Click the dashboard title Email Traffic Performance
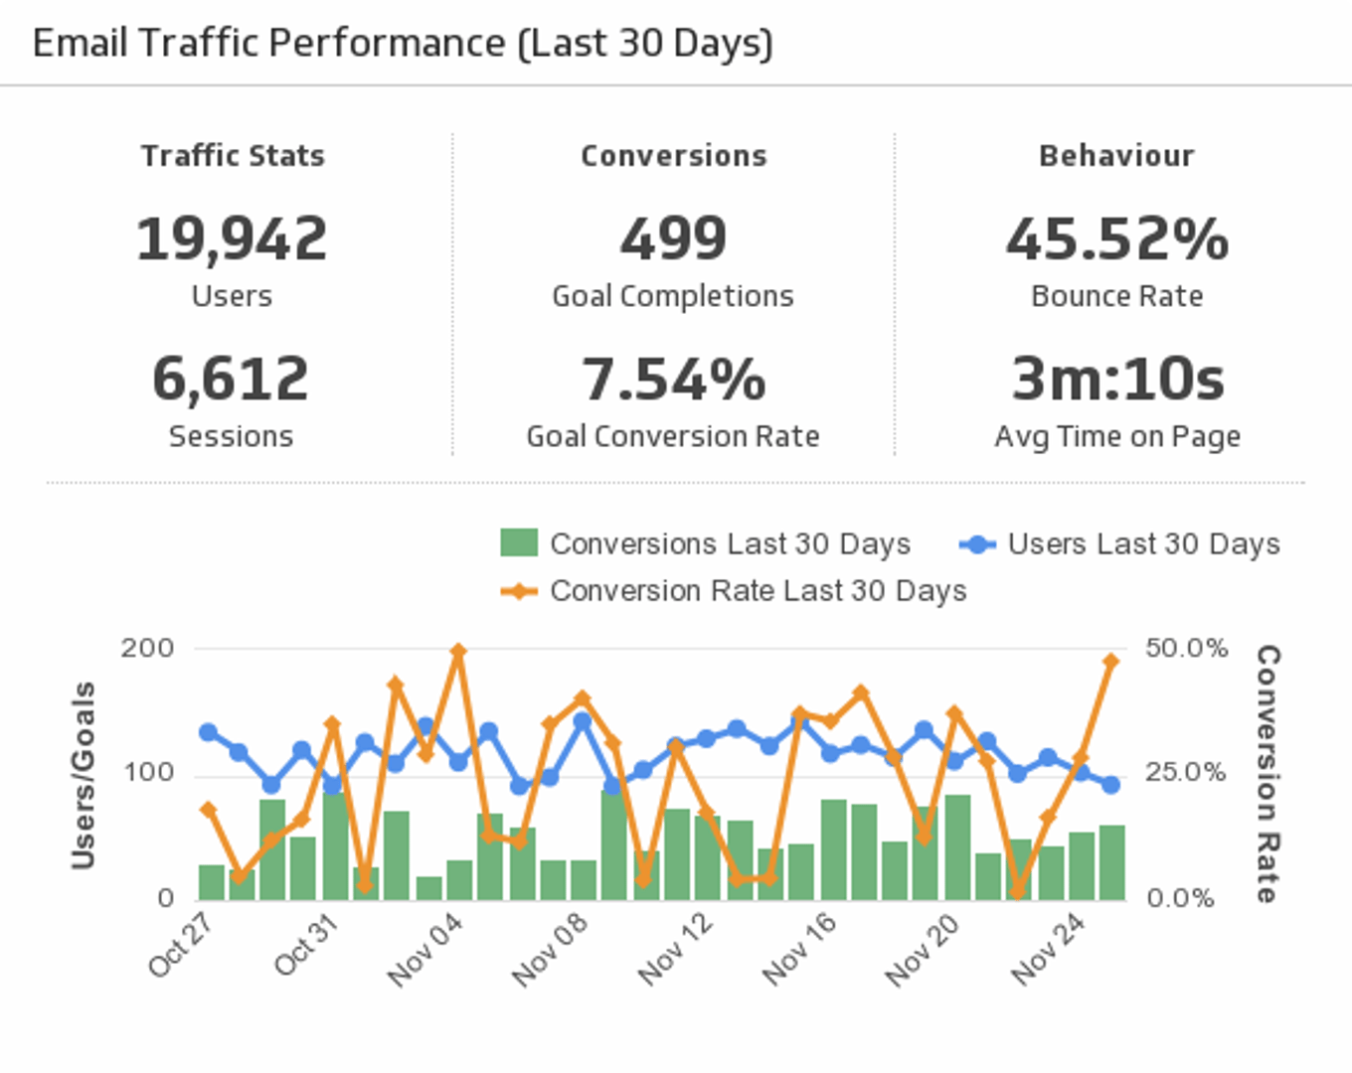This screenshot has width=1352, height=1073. click(x=402, y=44)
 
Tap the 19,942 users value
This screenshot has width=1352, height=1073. click(x=232, y=239)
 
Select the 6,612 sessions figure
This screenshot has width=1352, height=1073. click(x=231, y=380)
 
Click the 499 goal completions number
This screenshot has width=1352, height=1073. click(x=673, y=239)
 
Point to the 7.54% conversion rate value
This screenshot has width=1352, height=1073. click(x=673, y=380)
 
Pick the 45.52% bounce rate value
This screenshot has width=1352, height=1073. click(x=1116, y=239)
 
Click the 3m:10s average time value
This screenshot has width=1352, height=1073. click(x=1116, y=380)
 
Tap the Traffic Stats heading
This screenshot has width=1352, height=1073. click(x=233, y=156)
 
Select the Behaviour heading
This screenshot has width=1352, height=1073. click(x=1116, y=156)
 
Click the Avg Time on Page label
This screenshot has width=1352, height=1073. click(x=1116, y=436)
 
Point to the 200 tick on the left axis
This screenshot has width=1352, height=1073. click(x=147, y=648)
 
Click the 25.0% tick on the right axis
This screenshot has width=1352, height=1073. click(x=1185, y=772)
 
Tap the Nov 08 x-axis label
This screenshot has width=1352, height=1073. click(x=550, y=950)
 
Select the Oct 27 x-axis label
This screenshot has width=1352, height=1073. click(x=181, y=944)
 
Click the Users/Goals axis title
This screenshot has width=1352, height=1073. click(x=84, y=775)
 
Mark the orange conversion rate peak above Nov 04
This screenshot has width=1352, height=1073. click(x=458, y=652)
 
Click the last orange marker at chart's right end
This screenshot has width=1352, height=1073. click(x=1111, y=661)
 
